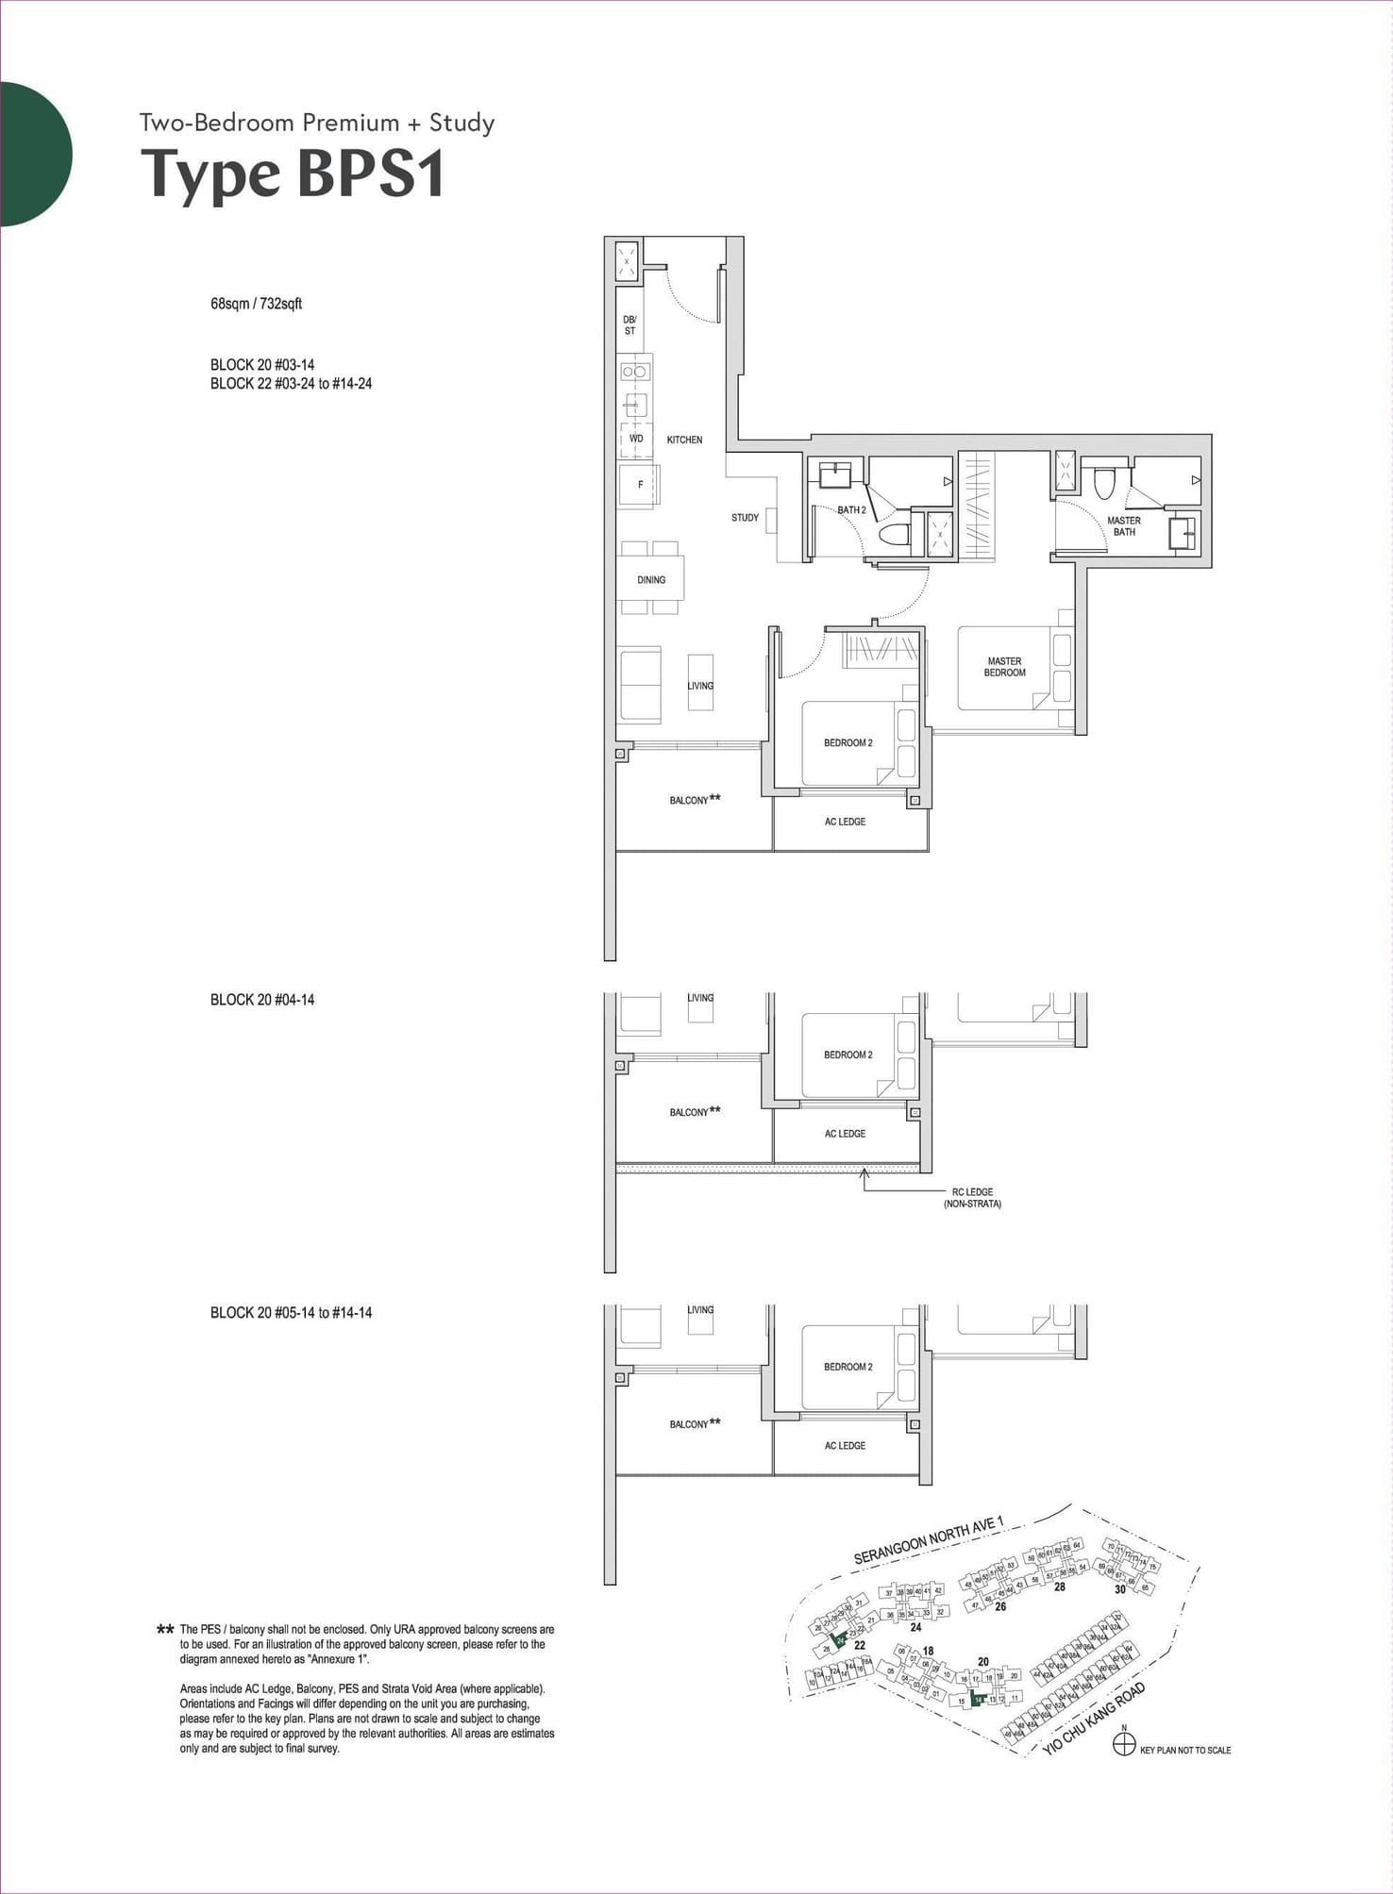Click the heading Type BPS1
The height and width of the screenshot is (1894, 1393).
(293, 175)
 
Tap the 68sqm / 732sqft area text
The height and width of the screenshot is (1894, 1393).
(256, 304)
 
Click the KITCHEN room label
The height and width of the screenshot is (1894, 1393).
(684, 440)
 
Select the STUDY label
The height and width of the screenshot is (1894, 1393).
(745, 518)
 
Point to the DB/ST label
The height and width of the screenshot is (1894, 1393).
(629, 325)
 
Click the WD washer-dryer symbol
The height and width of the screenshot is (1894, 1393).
(636, 440)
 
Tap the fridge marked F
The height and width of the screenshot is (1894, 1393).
(640, 485)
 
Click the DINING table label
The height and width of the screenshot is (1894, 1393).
(651, 580)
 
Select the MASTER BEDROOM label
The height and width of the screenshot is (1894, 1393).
(1004, 667)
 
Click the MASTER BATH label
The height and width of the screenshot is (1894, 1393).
(1123, 526)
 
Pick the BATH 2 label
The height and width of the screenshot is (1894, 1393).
(851, 510)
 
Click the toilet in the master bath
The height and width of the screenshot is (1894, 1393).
(1104, 483)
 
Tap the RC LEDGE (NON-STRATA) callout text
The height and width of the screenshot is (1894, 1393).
(971, 1198)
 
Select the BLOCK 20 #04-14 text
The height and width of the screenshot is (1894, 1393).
(262, 1000)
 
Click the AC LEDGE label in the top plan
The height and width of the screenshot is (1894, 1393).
(845, 822)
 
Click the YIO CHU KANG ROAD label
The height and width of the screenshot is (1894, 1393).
(1094, 1720)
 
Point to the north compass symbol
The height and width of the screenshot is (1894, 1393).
(1123, 1745)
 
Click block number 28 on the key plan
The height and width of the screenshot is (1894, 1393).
(1060, 1587)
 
